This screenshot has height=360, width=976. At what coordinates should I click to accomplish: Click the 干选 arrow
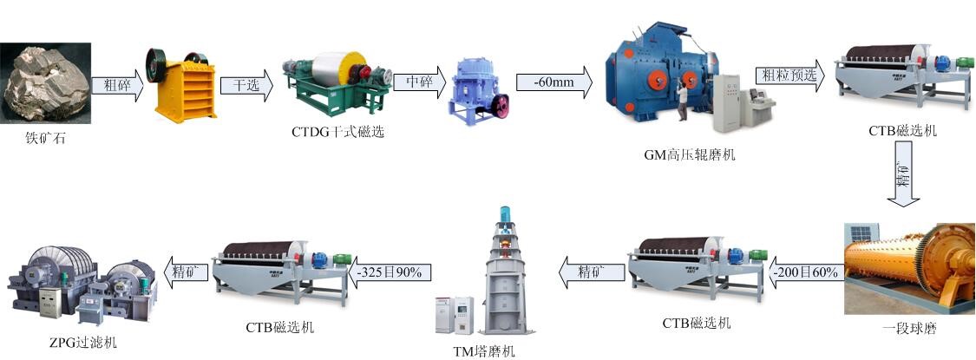click(246, 85)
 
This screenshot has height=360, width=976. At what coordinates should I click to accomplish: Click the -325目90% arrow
click(387, 272)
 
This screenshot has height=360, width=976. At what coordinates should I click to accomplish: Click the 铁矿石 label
click(44, 136)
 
